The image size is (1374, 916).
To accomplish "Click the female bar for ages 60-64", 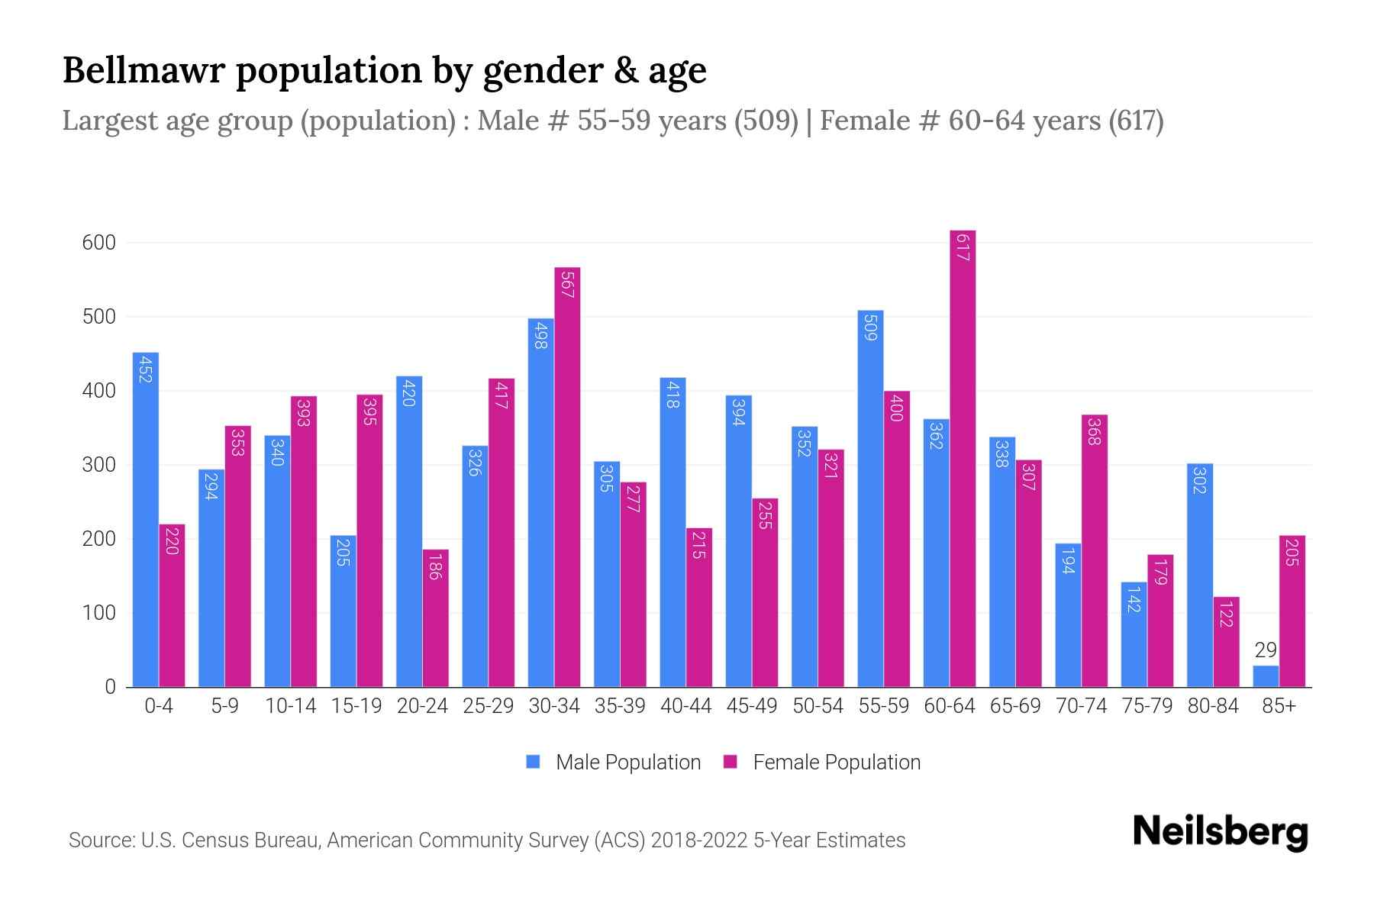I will click(x=963, y=458).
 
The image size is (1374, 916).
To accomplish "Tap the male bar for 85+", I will click(x=1266, y=676).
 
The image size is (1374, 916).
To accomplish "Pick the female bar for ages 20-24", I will click(x=435, y=618).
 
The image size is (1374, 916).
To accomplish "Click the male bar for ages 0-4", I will click(x=146, y=519).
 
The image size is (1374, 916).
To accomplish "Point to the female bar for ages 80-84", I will click(x=1226, y=642).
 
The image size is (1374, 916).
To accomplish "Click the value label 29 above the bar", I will click(x=1266, y=650).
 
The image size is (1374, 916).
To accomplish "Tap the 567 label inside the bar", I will click(x=567, y=285).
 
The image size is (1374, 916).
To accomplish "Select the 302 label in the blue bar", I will click(x=1199, y=479).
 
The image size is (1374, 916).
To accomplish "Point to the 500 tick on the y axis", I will click(x=98, y=317).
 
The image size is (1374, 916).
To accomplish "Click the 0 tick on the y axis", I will click(x=110, y=687).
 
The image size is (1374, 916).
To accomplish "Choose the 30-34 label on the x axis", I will click(x=554, y=706).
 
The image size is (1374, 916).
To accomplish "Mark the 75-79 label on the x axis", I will click(x=1147, y=706).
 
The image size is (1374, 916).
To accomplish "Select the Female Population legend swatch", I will click(x=731, y=762).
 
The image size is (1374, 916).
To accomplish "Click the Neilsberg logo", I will click(x=1220, y=832).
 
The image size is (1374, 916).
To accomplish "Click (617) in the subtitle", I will click(x=1136, y=121).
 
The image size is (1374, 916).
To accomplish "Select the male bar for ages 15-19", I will click(x=343, y=611).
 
